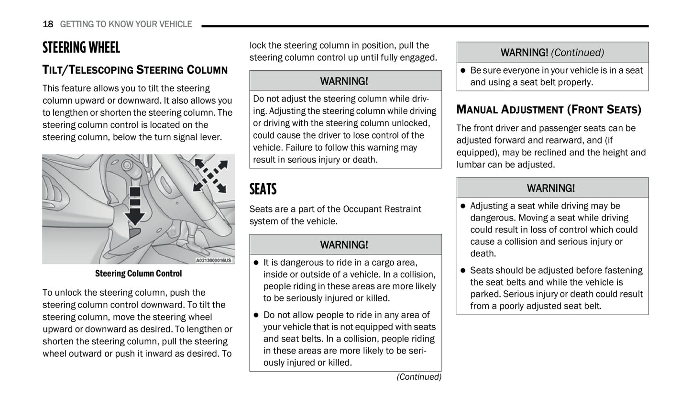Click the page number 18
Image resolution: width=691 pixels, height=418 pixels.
pos(48,24)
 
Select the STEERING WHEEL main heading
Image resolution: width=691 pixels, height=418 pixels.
pos(81,47)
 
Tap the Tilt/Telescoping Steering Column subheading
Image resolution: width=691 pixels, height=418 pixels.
pos(135,70)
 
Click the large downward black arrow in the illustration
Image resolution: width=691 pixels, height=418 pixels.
pos(135,211)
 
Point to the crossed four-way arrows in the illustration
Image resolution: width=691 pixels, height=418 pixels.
pos(210,176)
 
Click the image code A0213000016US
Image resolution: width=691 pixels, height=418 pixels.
pos(213,261)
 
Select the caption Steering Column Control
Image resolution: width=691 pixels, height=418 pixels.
pos(138,274)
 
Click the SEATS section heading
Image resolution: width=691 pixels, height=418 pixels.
pos(263,189)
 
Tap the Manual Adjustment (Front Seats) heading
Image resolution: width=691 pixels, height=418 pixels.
pos(548,110)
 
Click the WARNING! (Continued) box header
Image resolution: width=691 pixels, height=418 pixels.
pos(552,53)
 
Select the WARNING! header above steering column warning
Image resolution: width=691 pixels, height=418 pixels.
pos(344,81)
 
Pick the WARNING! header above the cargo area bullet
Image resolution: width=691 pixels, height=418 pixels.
pos(344,245)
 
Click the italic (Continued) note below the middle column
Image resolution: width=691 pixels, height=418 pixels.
pos(419,377)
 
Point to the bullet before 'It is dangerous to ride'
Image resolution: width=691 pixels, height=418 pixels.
pos(256,263)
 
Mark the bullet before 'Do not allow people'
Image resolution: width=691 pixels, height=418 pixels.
pos(256,315)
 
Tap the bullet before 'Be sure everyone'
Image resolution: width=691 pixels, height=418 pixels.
pos(463,71)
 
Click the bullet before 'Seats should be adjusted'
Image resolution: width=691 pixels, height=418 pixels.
pos(463,271)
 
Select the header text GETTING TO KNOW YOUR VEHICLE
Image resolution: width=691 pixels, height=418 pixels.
pos(126,24)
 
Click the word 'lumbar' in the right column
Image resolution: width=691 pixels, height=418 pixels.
pos(471,165)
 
